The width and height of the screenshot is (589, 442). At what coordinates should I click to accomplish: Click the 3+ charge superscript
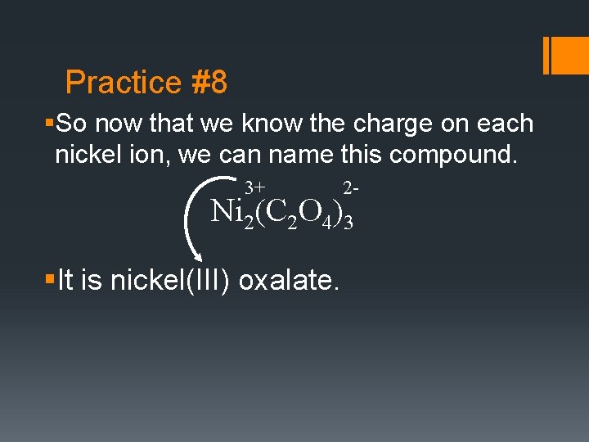(254, 188)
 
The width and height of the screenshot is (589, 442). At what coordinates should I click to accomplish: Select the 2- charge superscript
(350, 188)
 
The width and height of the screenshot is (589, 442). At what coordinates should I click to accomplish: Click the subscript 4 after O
(326, 223)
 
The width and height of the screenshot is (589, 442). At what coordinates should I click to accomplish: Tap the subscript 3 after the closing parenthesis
(348, 223)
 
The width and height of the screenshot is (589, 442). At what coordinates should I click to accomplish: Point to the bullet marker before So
(50, 124)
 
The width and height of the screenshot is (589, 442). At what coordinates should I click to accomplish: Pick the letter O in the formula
(309, 210)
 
